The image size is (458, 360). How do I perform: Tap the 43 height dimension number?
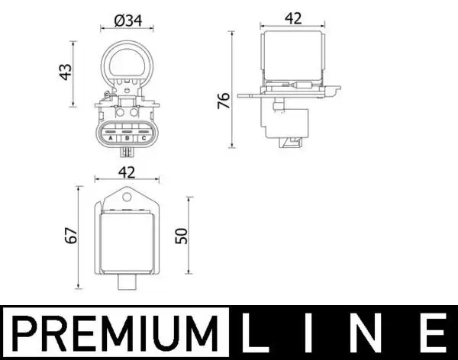66,72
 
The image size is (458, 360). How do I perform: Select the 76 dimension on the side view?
222,101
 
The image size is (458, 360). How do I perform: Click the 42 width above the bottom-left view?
127,172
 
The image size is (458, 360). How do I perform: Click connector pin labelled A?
110,138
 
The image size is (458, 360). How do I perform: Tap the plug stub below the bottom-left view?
127,284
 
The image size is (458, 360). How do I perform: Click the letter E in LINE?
431,334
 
